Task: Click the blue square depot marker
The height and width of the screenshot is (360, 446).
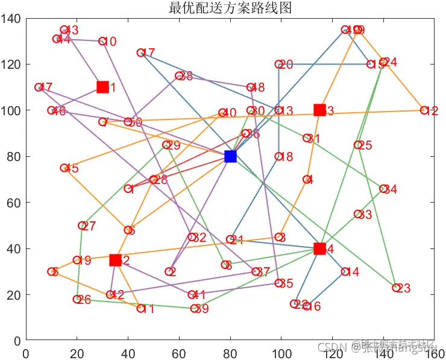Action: pyautogui.click(x=230, y=157)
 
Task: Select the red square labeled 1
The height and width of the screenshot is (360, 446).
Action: pyautogui.click(x=102, y=87)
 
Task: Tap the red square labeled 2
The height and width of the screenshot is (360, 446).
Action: pyautogui.click(x=115, y=261)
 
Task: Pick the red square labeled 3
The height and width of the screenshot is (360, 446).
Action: pyautogui.click(x=319, y=110)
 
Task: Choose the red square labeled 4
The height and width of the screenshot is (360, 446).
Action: pyautogui.click(x=319, y=249)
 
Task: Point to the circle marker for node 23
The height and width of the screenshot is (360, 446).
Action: pyautogui.click(x=396, y=288)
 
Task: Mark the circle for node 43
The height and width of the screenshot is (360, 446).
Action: pyautogui.click(x=64, y=30)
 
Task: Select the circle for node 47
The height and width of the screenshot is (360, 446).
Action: pyautogui.click(x=39, y=87)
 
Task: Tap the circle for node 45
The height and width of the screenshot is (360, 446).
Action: pyautogui.click(x=64, y=168)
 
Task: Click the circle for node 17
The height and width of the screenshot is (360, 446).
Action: pyautogui.click(x=141, y=53)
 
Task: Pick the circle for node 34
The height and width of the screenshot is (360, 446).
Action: pyautogui.click(x=383, y=189)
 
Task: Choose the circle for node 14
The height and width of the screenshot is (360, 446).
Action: pyautogui.click(x=345, y=272)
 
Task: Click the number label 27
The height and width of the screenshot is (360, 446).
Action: pyautogui.click(x=89, y=227)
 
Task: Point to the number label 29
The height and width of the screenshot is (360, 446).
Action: pyautogui.click(x=174, y=146)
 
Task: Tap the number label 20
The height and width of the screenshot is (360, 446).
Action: pyautogui.click(x=286, y=65)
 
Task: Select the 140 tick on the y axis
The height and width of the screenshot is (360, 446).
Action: pyautogui.click(x=12, y=19)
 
